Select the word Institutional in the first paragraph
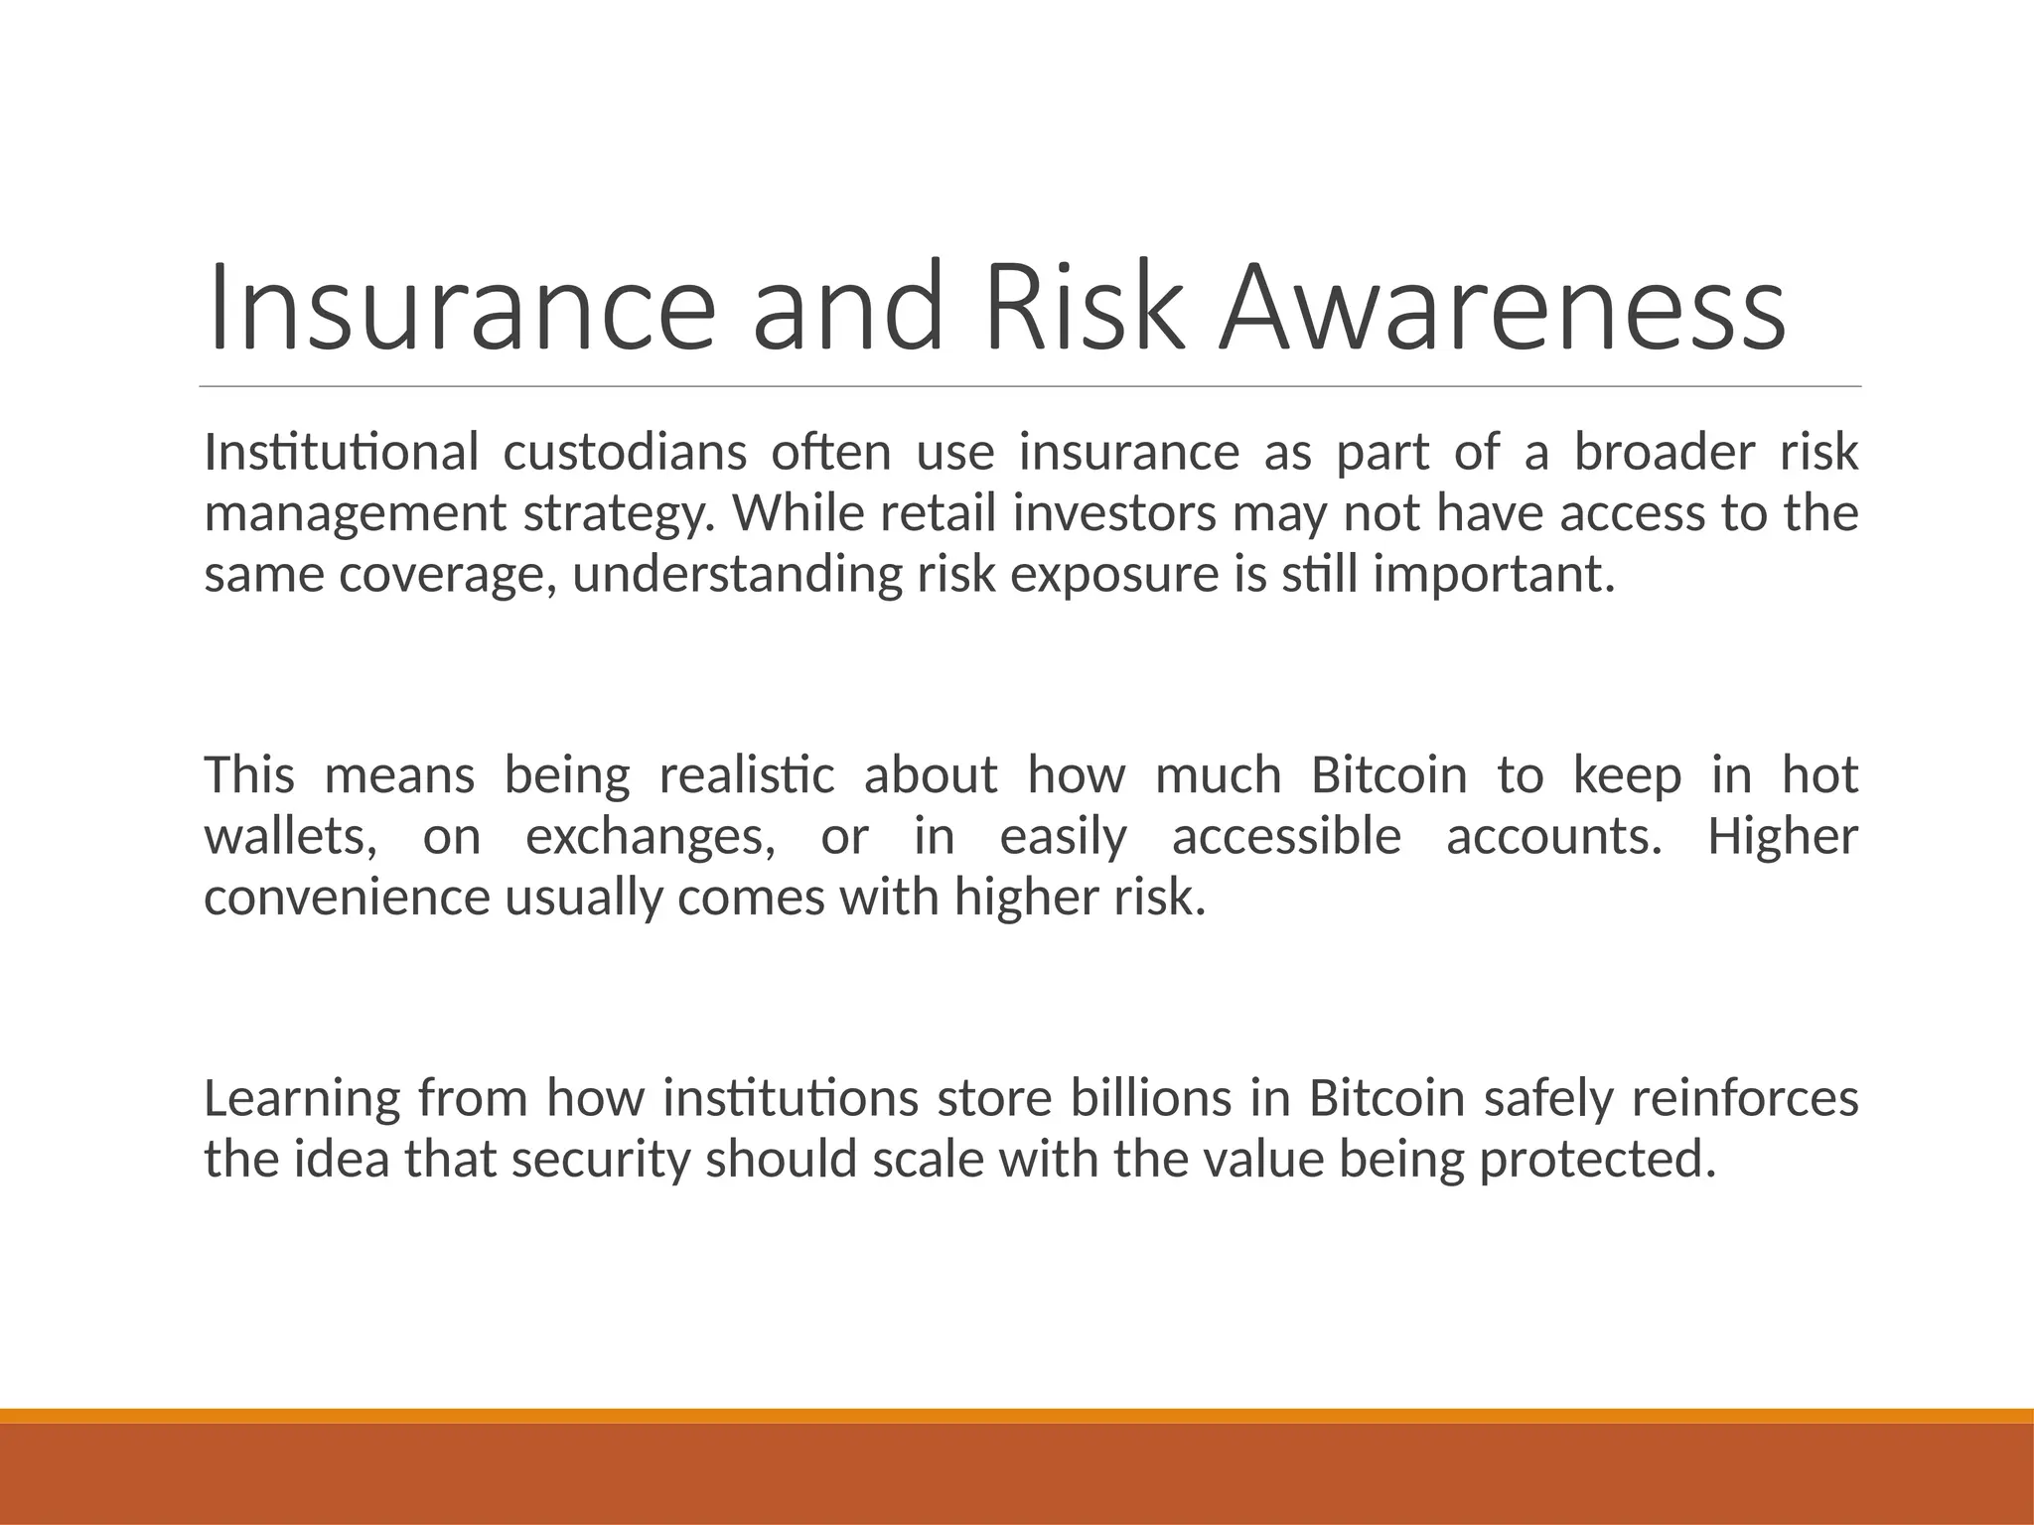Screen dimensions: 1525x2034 [x=342, y=453]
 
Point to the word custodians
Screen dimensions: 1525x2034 [x=625, y=453]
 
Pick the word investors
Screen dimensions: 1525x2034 [x=1114, y=514]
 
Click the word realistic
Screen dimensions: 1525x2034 [x=747, y=775]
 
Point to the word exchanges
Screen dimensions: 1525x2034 [x=651, y=837]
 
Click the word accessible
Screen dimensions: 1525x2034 [x=1286, y=837]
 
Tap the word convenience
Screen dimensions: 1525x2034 [x=348, y=899]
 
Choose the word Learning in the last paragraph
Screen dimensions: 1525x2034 [x=302, y=1099]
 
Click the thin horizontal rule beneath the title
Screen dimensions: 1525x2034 [x=1030, y=386]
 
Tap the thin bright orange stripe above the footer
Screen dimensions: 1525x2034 [x=1017, y=1416]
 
